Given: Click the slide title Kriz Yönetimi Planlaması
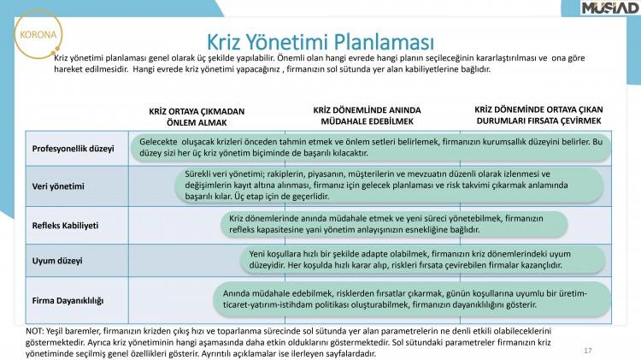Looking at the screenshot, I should pos(320,41).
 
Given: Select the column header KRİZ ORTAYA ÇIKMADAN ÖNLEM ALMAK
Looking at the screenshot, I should pos(197,116).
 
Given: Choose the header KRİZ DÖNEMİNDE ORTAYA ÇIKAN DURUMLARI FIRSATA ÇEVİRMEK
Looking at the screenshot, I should pos(538,115).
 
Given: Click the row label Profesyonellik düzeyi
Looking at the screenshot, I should pos(74,149).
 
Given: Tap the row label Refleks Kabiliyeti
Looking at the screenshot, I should pos(67,225).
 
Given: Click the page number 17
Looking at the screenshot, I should pos(588,351).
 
